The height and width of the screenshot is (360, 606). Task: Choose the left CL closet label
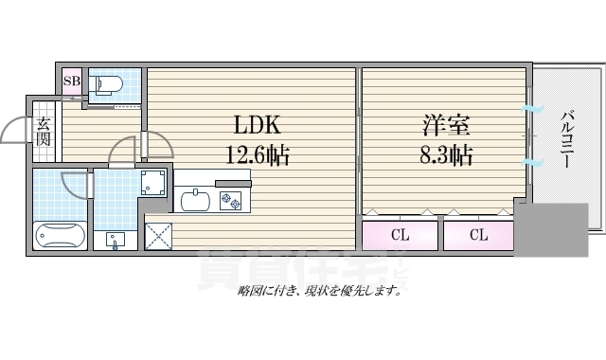[401, 235]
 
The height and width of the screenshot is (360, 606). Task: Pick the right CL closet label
[478, 235]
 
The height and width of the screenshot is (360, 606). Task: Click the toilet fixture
[108, 83]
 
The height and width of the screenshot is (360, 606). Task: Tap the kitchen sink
[197, 200]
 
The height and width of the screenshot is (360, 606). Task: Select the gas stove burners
[232, 199]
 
